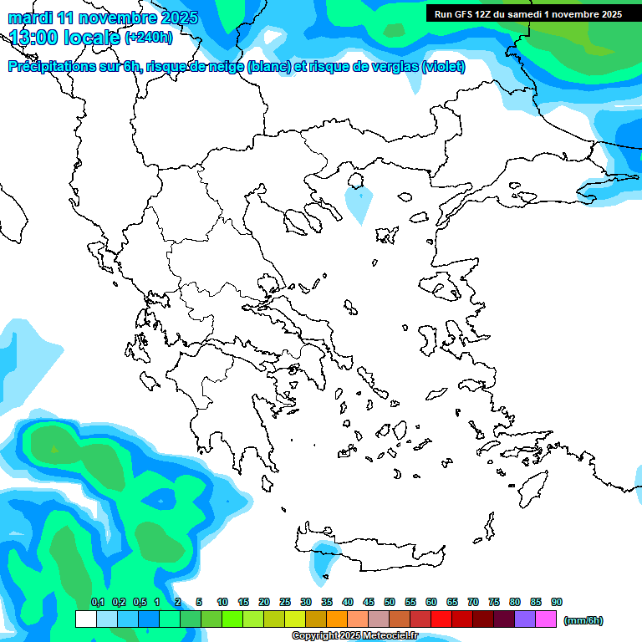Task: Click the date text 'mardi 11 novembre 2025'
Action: (104, 18)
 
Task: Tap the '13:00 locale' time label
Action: (65, 38)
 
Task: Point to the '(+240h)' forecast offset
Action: (149, 38)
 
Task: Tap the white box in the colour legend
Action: (85, 619)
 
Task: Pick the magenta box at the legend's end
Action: (546, 619)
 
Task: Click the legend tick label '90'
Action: (557, 602)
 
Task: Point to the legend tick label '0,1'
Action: (97, 602)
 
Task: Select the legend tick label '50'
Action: (390, 602)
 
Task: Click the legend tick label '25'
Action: (285, 602)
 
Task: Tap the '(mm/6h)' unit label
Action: (583, 620)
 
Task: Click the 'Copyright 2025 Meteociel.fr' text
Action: (356, 636)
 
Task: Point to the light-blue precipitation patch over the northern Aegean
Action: (359, 203)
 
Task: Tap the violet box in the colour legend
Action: (525, 619)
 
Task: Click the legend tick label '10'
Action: (222, 602)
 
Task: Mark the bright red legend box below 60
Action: (441, 619)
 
